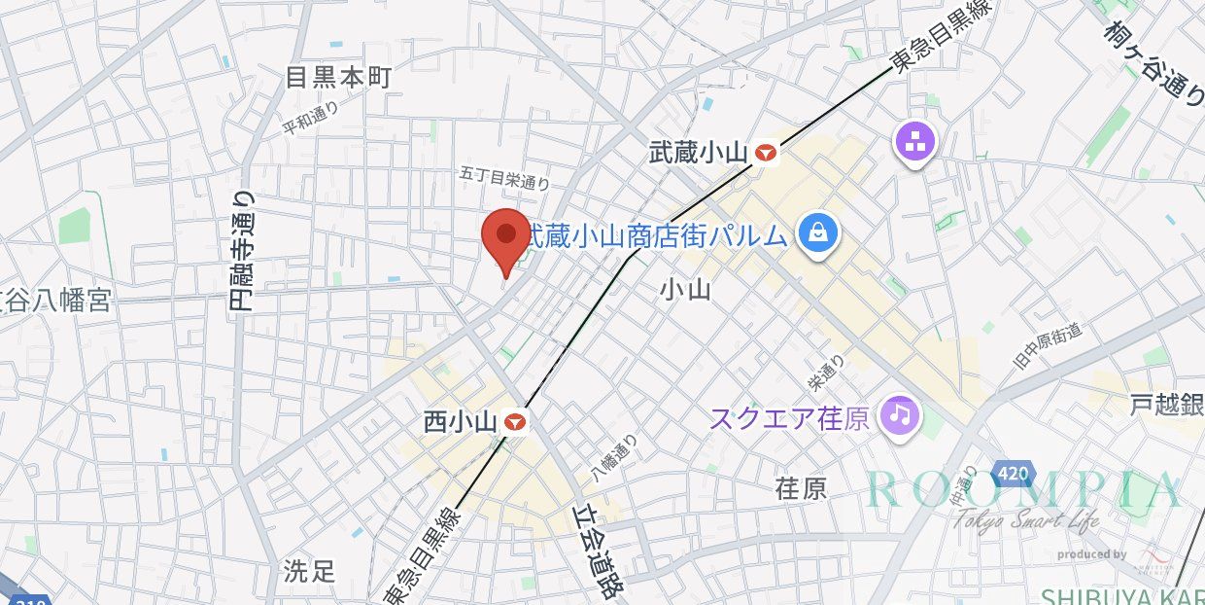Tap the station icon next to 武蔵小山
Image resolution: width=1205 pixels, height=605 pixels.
(768, 152)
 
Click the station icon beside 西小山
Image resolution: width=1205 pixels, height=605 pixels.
(515, 422)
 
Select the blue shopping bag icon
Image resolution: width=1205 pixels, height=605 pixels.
(818, 232)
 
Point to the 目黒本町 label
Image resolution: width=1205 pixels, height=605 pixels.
(337, 78)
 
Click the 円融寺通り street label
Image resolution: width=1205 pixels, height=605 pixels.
(242, 250)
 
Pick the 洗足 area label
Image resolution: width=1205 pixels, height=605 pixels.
(309, 570)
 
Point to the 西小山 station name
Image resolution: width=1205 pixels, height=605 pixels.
(461, 423)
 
